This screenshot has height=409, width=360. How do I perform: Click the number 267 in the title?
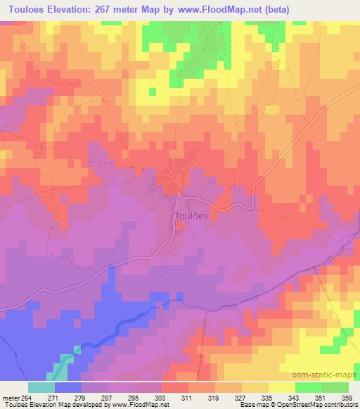tap(106, 8)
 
